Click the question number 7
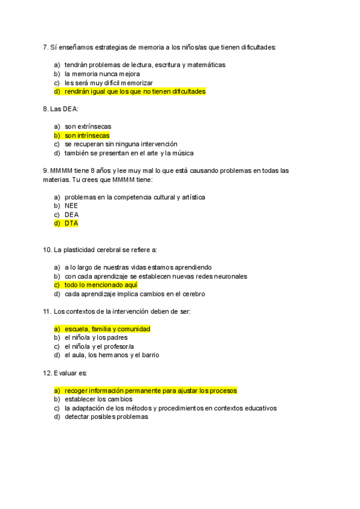tap(46, 47)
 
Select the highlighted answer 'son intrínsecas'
tap(87, 136)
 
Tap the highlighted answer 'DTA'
tap(71, 223)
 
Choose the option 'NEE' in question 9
tap(71, 206)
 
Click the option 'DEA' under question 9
tap(71, 214)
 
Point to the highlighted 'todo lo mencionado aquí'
tap(101, 285)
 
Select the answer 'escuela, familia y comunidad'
tap(107, 329)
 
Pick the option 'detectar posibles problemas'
tap(106, 417)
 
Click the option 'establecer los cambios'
tap(98, 399)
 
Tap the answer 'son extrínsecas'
tap(88, 127)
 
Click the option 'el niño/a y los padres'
tap(96, 337)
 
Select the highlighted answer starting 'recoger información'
tap(151, 391)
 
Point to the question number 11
tap(47, 312)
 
